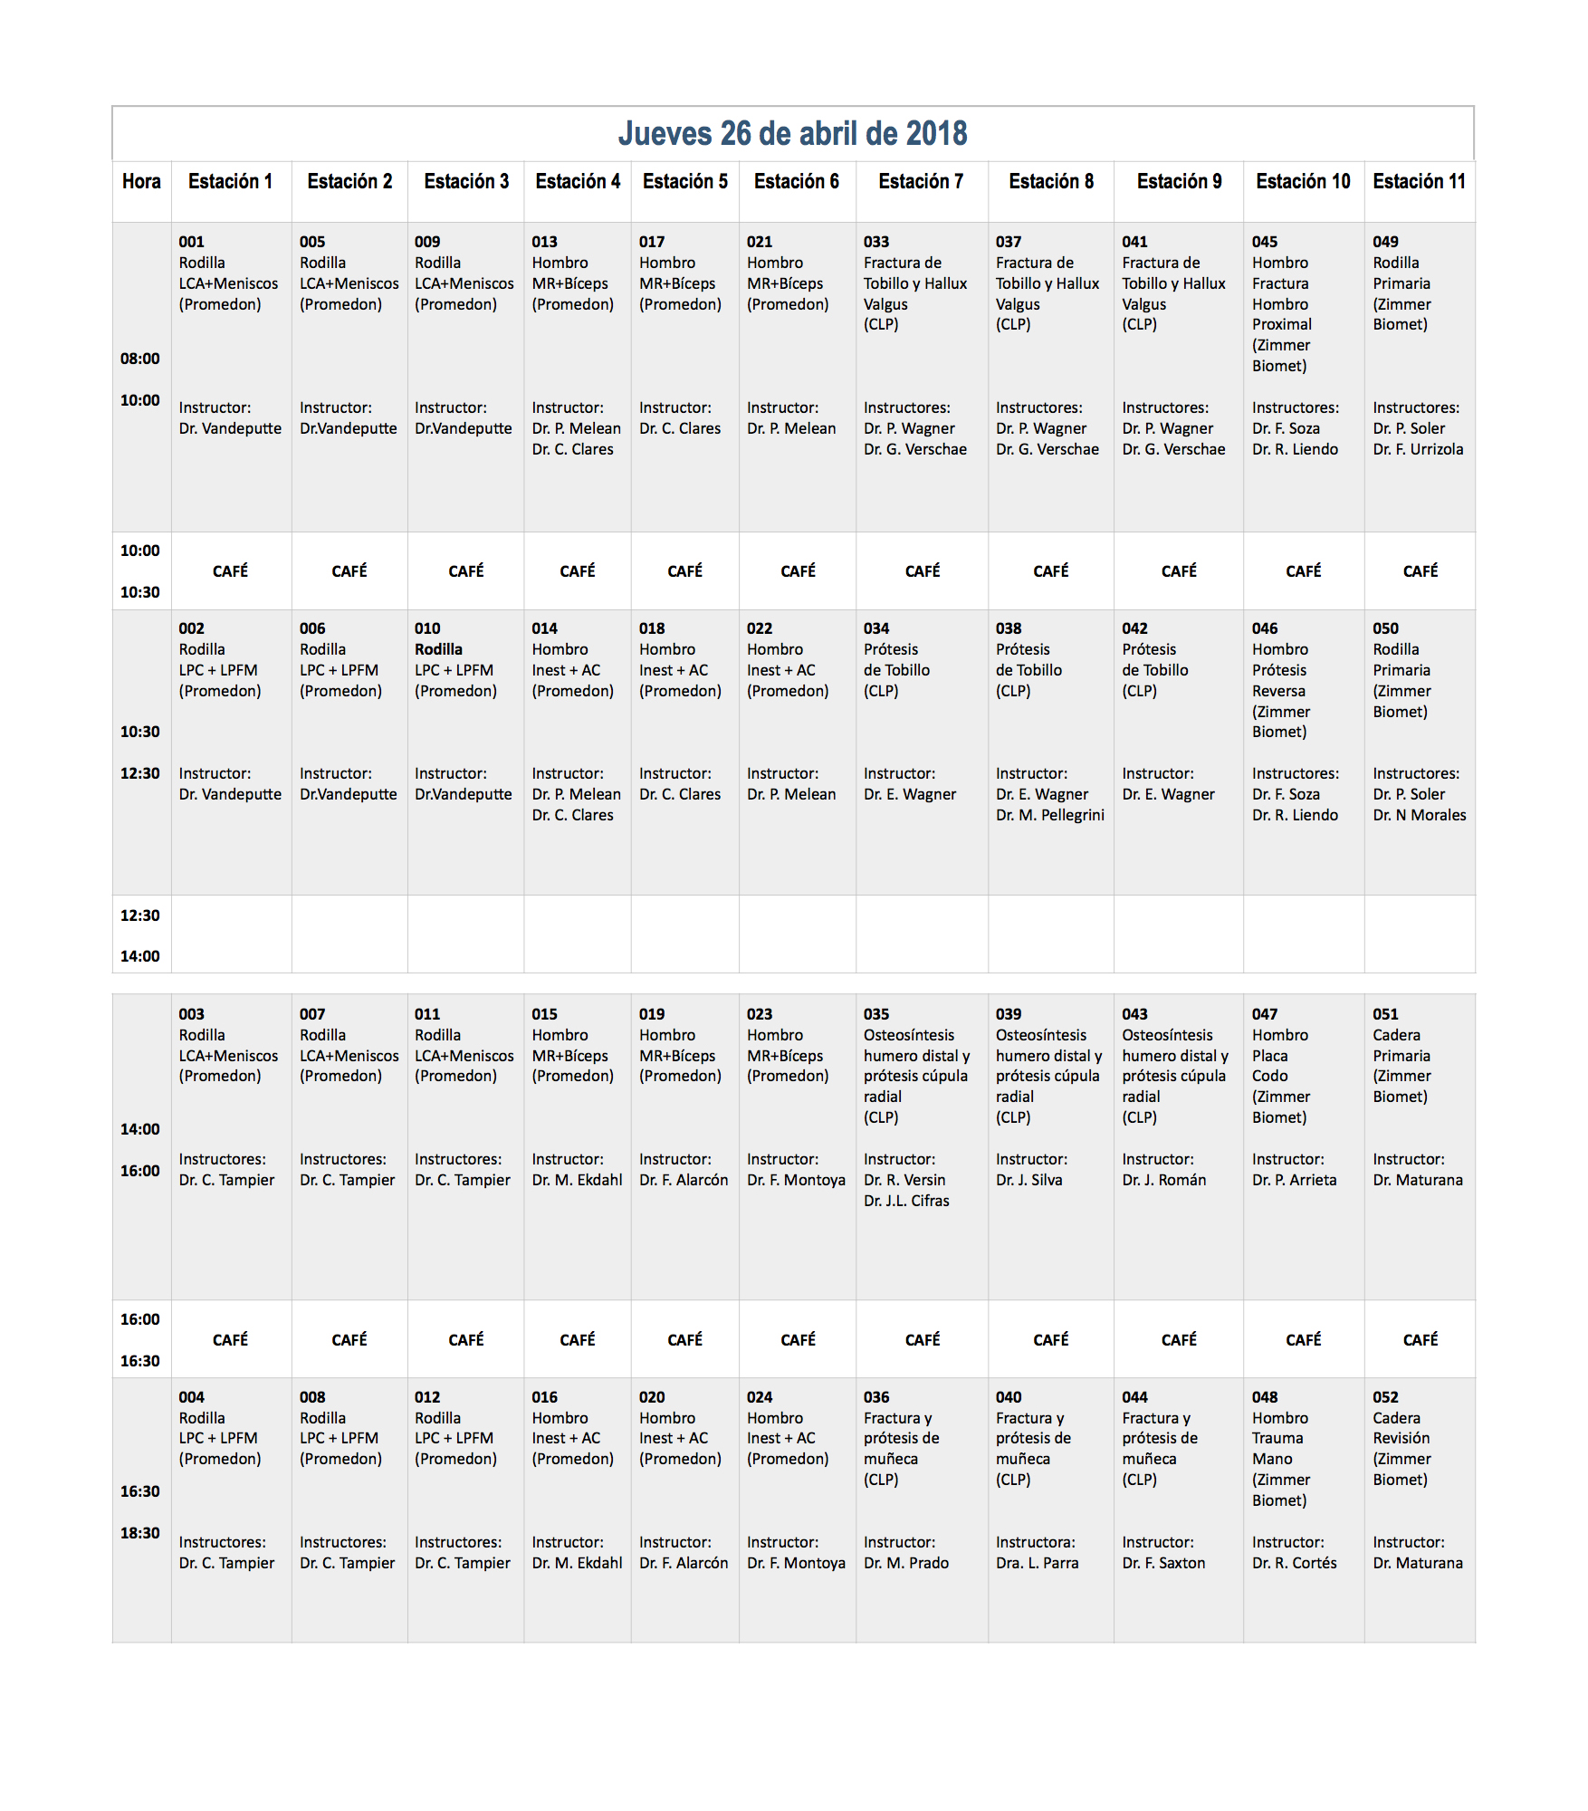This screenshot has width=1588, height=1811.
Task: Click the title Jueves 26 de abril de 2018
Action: (792, 133)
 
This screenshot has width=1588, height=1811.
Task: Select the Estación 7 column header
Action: (921, 181)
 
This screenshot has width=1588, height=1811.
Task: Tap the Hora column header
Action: (141, 181)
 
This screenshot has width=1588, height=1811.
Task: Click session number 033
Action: (875, 242)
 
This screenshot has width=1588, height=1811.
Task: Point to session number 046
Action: (1264, 628)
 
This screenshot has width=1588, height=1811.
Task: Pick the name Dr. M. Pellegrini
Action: (1049, 815)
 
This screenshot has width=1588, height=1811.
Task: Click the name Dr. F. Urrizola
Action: (1417, 449)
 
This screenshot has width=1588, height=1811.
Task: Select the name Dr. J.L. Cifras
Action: (905, 1201)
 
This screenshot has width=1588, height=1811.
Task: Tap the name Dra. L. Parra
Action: (1037, 1563)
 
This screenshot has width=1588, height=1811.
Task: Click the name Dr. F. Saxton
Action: (1163, 1563)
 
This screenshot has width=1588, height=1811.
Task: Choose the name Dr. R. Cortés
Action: (1294, 1563)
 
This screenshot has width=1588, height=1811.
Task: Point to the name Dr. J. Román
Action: (1163, 1180)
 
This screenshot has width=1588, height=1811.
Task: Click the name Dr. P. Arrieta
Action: (1294, 1180)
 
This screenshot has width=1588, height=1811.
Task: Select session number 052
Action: (1385, 1397)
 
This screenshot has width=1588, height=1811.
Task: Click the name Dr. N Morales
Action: (1419, 815)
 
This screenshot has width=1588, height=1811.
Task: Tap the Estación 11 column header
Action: (1419, 181)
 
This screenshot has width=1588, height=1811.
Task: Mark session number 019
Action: (651, 1014)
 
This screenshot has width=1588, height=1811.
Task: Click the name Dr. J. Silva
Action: (1028, 1180)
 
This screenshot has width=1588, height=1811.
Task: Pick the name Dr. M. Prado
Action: (905, 1563)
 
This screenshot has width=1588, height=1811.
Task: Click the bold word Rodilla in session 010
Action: (438, 649)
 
